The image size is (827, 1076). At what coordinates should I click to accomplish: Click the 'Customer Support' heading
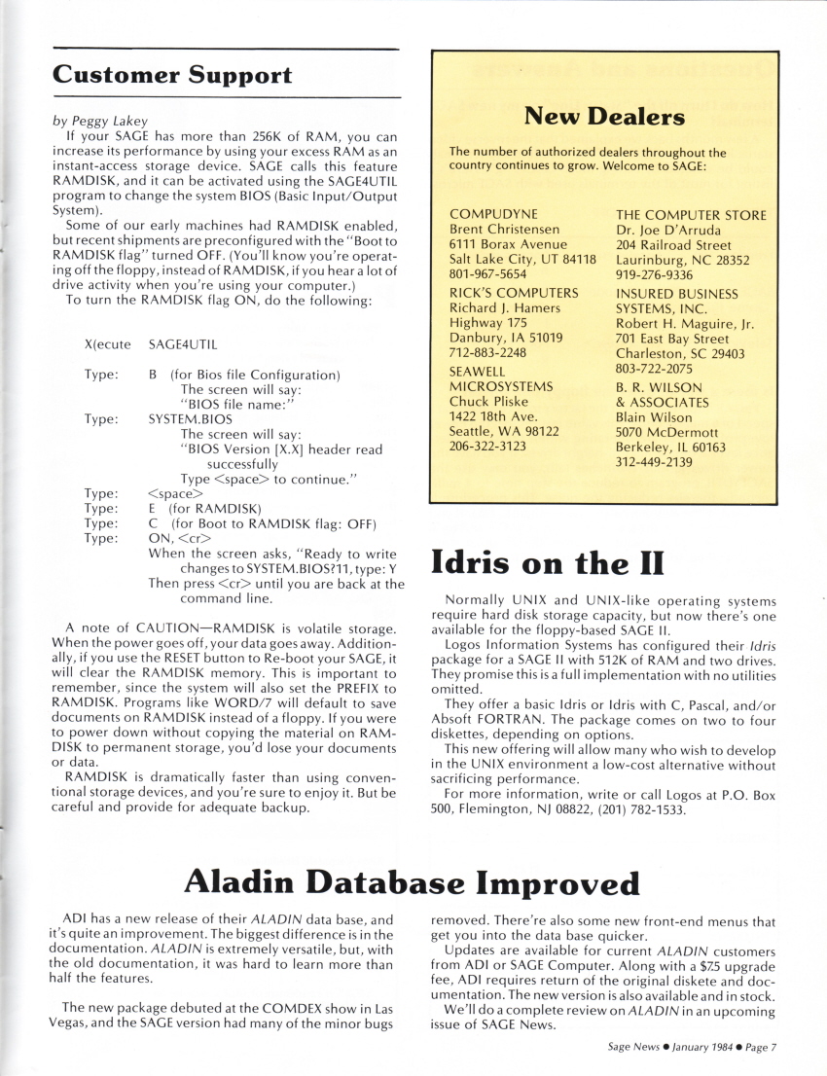coord(172,74)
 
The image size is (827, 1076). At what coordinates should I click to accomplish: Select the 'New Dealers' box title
coord(603,118)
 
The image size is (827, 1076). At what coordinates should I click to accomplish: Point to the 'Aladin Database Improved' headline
coord(413,882)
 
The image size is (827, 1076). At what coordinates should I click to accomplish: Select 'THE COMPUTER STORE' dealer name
coord(691,215)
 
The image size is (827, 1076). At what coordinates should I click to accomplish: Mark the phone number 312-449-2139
coord(654,462)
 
